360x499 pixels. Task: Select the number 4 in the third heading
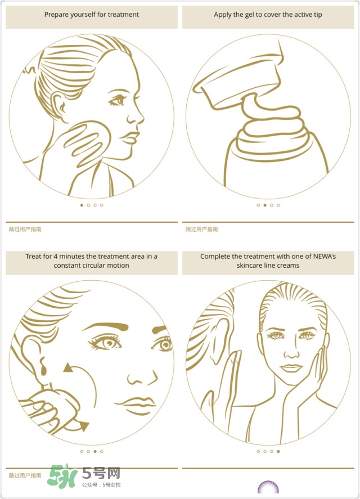click(x=55, y=257)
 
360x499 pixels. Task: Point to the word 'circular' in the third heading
click(x=92, y=266)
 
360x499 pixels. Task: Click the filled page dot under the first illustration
click(x=82, y=205)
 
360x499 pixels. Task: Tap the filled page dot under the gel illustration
click(x=265, y=205)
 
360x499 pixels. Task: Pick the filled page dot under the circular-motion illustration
click(x=95, y=451)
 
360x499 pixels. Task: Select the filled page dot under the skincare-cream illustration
click(x=278, y=451)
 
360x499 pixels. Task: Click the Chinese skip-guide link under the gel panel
click(x=201, y=229)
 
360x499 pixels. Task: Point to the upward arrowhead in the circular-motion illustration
click(x=67, y=367)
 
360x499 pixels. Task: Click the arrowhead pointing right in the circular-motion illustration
click(x=84, y=425)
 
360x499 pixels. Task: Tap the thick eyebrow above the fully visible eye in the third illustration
click(x=105, y=326)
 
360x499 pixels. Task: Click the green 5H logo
click(x=62, y=476)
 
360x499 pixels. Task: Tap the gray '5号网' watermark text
click(x=101, y=474)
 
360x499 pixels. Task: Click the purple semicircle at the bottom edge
click(x=268, y=487)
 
